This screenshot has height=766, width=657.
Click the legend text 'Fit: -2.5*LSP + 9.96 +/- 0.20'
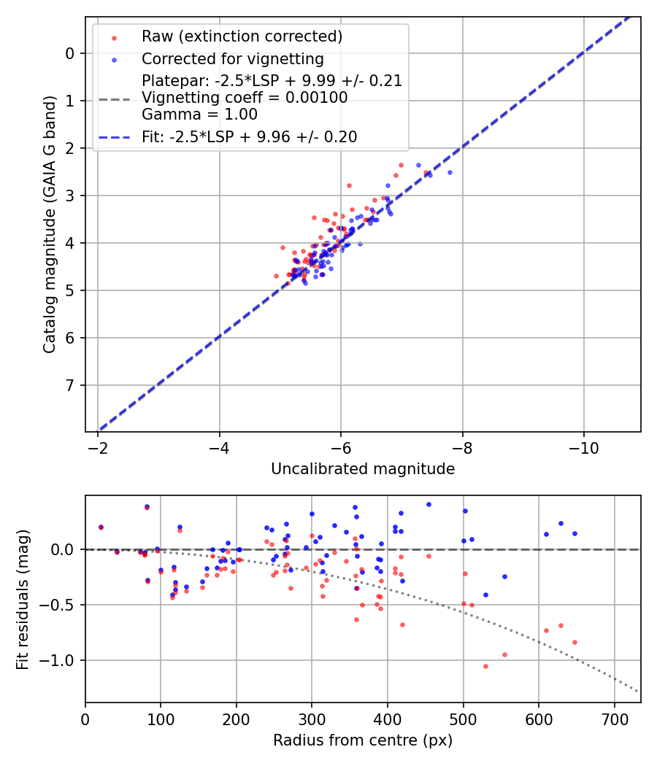249,137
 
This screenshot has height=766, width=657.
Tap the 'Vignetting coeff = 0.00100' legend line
245,98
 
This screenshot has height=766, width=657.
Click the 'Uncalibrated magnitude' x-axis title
363,469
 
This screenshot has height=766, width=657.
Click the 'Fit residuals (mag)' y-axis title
23,599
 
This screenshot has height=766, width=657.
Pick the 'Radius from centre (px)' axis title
363,740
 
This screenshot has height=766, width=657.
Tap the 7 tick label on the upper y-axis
70,385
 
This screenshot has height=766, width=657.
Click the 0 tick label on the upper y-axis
70,53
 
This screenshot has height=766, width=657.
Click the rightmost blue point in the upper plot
450,172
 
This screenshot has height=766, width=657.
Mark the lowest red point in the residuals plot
485,666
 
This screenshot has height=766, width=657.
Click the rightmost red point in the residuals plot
575,642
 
